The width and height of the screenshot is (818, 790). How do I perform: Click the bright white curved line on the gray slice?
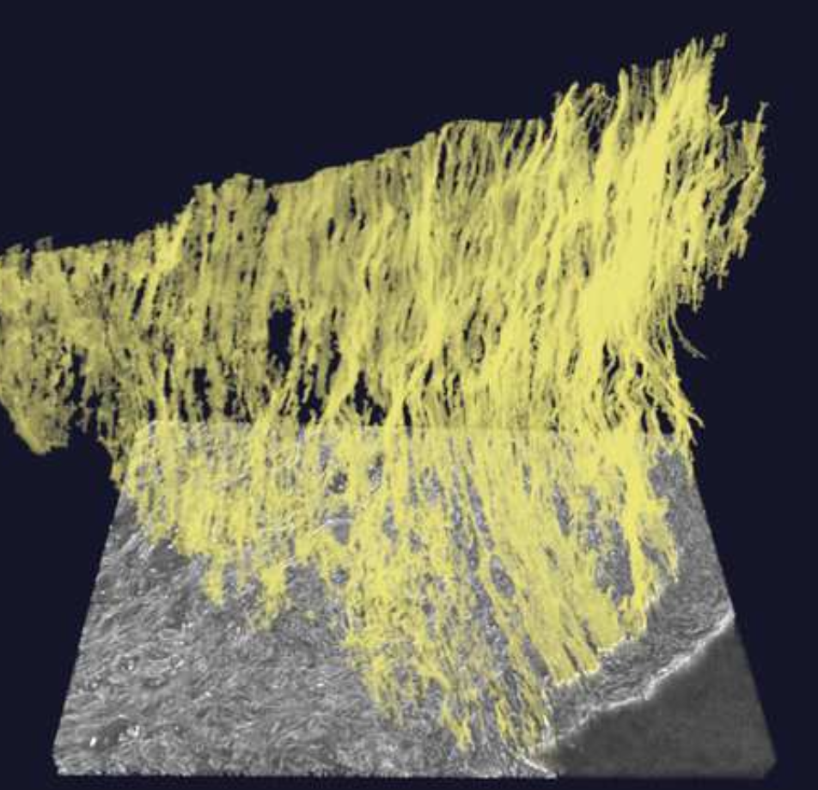pos(653,678)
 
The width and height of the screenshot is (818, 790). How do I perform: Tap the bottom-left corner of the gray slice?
pos(55,769)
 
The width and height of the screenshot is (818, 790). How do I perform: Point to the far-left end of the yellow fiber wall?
pos(5,258)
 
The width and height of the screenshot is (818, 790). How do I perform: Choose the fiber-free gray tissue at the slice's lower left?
pos(172,687)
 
